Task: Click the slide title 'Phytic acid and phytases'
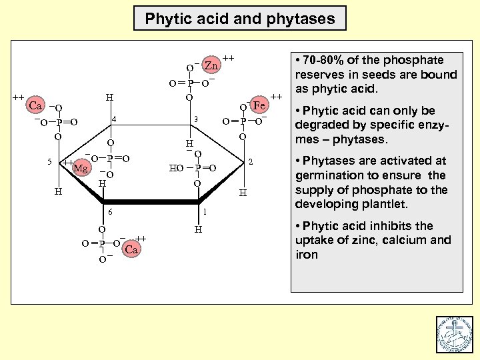[240, 19]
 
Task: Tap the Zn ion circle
[211, 65]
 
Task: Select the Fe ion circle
[259, 106]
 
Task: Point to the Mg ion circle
[81, 168]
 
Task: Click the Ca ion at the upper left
[36, 106]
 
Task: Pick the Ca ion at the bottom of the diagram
[131, 250]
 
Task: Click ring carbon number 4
[114, 119]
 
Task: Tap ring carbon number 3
[195, 119]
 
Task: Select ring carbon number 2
[250, 162]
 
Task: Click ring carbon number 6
[111, 212]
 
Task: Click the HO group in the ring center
[176, 168]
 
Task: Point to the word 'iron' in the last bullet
[307, 255]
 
